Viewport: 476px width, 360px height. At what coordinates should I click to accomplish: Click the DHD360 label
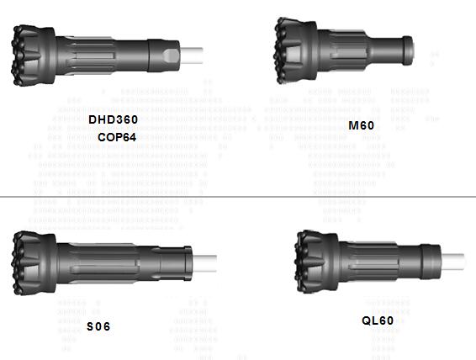click(x=113, y=119)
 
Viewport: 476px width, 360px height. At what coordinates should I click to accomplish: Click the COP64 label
click(x=116, y=136)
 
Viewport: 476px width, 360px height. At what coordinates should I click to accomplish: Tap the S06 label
click(x=98, y=326)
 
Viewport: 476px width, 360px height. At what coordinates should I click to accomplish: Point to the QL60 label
click(x=378, y=320)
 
